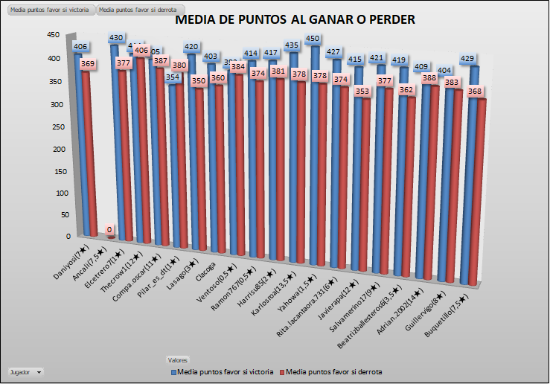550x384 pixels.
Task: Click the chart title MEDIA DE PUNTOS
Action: [295, 20]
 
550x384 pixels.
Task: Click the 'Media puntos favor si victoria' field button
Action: [48, 10]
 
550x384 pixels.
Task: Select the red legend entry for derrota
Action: [334, 371]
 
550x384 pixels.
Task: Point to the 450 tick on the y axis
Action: [54, 34]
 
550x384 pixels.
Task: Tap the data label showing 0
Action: [109, 230]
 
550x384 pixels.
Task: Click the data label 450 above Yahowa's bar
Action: [313, 39]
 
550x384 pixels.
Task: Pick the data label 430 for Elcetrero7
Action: [117, 38]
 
